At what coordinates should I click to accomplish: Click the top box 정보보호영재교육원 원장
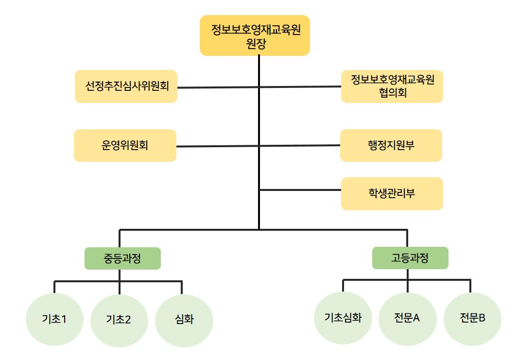coord(255,35)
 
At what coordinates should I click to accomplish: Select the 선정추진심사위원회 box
coord(126,86)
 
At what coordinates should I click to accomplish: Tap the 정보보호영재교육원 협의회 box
coord(392,86)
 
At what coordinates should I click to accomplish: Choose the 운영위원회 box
coord(125,145)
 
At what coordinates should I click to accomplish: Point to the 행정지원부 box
coord(391,145)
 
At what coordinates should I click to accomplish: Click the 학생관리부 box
coord(392,193)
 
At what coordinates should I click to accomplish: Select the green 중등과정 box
coord(122,258)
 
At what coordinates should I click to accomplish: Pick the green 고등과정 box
coord(410,258)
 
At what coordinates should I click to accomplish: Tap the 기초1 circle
coord(54,319)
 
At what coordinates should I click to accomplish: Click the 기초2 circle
coord(119,319)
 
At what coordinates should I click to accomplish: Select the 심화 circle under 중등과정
coord(184,319)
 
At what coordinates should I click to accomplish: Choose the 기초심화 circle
coord(343,318)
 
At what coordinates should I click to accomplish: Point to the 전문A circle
coord(407,318)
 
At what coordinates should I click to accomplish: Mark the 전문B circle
coord(472,318)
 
